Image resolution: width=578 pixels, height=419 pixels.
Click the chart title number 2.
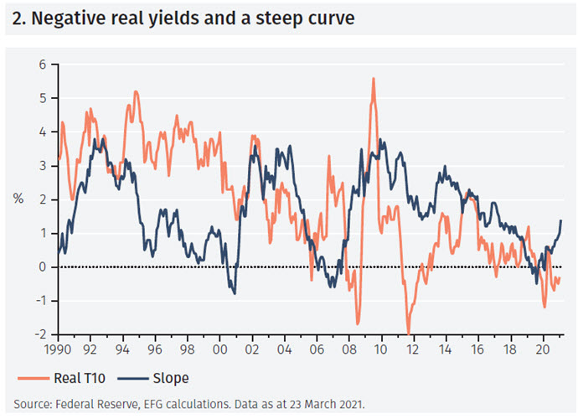point(18,18)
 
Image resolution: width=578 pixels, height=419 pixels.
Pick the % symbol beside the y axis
point(18,199)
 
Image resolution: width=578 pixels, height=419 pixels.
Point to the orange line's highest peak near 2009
point(373,78)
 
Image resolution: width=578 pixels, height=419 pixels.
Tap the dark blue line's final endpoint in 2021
point(560,220)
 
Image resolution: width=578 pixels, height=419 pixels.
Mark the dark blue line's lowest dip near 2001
point(235,293)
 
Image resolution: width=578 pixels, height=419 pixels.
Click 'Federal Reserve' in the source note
point(85,403)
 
